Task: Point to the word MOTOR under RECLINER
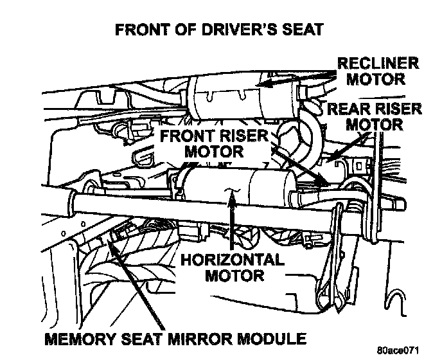(x=382, y=80)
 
